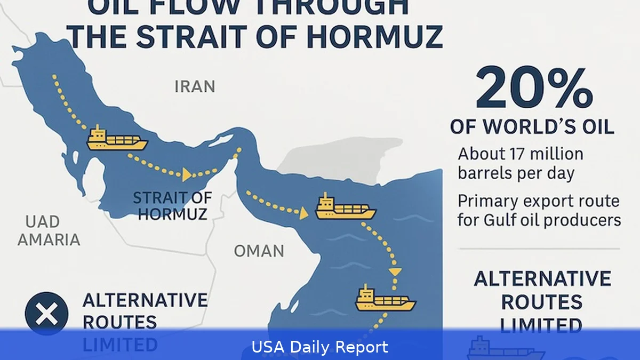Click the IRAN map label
195,86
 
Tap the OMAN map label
259,251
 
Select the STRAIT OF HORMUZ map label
172,206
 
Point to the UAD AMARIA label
49,231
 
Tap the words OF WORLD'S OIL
532,127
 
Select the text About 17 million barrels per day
521,163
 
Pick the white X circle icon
47,314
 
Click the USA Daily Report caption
320,347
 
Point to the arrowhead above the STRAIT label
187,174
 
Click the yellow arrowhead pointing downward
395,271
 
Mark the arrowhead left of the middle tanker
303,214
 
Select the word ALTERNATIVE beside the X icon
145,300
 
